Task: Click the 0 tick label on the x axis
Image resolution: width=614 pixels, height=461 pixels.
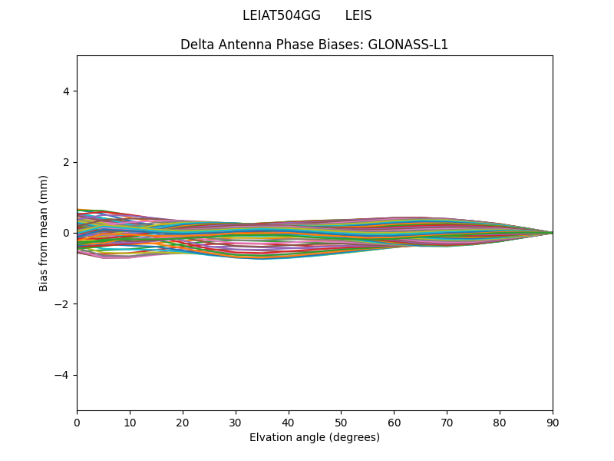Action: coord(77,422)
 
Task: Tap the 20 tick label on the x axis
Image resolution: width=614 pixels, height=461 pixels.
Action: coord(183,422)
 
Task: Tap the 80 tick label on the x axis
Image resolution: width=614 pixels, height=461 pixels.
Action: coord(500,422)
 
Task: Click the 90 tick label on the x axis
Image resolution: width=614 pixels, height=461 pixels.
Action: coord(553,422)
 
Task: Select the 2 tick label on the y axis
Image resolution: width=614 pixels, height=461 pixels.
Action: coord(66,162)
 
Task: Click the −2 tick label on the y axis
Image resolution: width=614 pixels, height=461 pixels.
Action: coord(63,304)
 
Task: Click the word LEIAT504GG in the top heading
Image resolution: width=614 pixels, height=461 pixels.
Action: coord(282,16)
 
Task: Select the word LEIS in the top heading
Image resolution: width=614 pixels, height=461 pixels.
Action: coord(358,16)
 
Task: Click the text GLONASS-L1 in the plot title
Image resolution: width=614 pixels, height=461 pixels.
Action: coord(408,45)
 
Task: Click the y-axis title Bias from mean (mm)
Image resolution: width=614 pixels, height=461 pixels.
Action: coord(45,233)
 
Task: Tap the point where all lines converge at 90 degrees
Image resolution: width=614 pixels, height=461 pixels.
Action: coord(553,233)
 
